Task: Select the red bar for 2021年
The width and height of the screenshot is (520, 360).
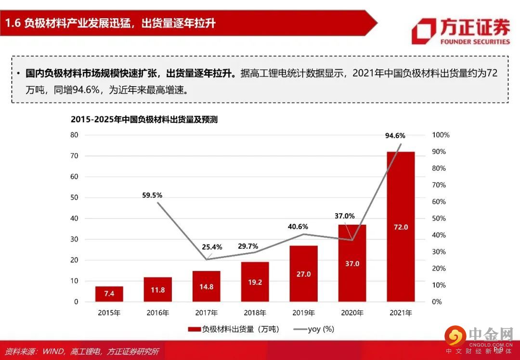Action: pos(400,226)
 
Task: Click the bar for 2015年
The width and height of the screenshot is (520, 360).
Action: pos(109,294)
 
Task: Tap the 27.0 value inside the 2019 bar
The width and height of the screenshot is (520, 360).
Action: pos(303,274)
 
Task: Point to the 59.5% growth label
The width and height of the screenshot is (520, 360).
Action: pos(152,195)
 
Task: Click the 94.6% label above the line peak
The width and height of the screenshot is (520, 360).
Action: pos(395,136)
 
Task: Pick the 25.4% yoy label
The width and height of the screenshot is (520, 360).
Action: pos(212,247)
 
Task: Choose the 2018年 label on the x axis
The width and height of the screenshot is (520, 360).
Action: pos(255,313)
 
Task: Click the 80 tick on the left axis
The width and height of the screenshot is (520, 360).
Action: pos(74,135)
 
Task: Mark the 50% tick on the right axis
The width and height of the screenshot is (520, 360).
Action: pos(438,219)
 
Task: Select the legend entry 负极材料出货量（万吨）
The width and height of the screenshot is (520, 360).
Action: pos(233,329)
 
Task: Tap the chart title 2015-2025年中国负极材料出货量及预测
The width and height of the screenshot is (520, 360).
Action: pos(144,119)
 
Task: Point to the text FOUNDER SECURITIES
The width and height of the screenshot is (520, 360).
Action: pos(475,41)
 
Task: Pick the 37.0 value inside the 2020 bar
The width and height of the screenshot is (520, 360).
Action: pos(352,263)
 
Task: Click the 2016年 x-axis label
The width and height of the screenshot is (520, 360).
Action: pos(157,313)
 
